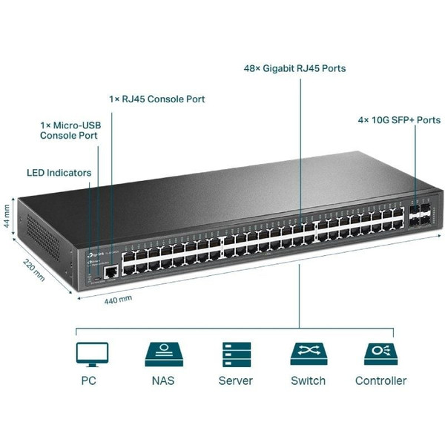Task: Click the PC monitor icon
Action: [92, 354]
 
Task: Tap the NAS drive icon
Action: [163, 354]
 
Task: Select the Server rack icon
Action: [235, 354]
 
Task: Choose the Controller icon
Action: [380, 354]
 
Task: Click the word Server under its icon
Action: [235, 381]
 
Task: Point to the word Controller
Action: [380, 381]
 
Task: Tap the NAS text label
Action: [163, 381]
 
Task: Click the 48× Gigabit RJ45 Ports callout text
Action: [294, 69]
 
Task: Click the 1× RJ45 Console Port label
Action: [156, 99]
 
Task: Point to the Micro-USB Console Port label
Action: [70, 131]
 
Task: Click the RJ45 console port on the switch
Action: [111, 272]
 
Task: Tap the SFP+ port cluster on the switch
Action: [419, 215]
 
